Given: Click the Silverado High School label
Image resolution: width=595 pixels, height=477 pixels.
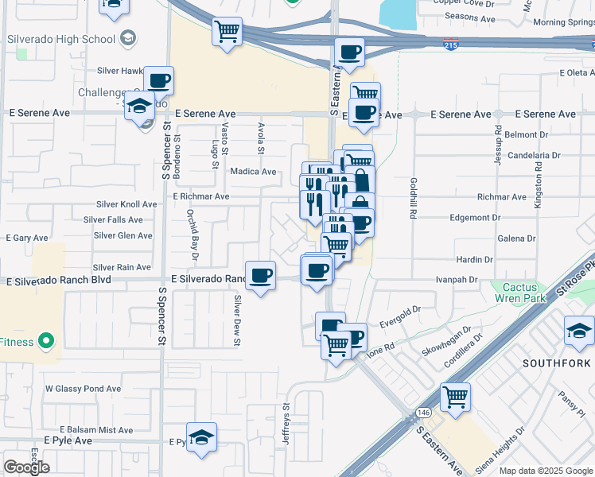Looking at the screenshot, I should (60, 38).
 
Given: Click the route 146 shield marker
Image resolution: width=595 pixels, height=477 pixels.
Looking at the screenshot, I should (422, 414).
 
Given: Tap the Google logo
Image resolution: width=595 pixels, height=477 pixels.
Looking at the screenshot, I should (27, 467).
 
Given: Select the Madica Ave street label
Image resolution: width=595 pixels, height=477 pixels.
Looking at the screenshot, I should (253, 171).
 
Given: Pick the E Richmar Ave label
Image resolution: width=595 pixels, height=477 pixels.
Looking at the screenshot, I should (200, 196).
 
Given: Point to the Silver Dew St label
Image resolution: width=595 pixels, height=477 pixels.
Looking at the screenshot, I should (237, 320).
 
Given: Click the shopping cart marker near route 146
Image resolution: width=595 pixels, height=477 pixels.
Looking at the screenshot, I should (455, 396).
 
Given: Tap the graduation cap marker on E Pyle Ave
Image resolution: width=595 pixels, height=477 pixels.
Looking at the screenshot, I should (202, 436).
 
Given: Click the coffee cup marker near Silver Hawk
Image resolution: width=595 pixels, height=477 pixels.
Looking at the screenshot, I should (158, 79).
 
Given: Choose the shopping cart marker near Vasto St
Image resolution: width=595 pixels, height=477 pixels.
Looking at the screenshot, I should (227, 31).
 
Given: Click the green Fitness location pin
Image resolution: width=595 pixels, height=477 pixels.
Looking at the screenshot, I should (46, 342).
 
